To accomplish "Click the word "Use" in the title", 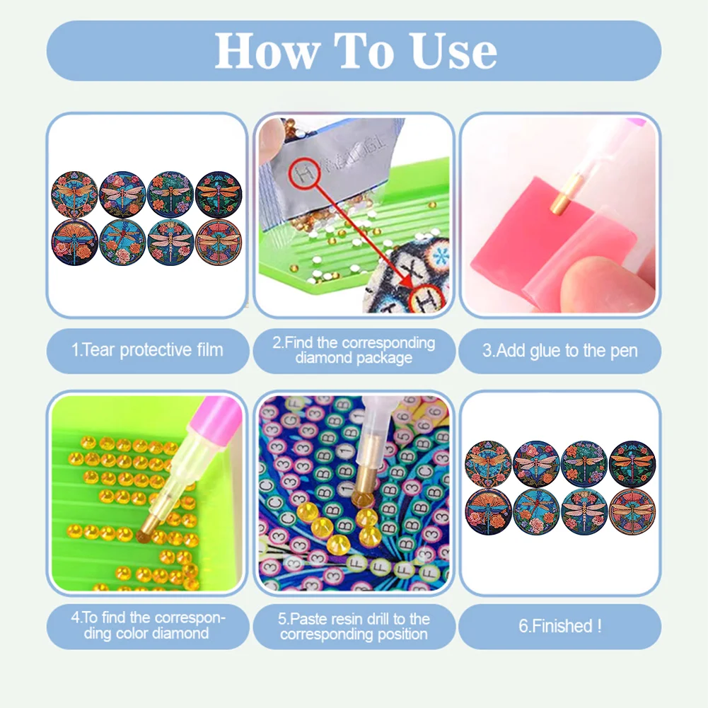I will coord(454,51).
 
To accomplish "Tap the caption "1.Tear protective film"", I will coord(147,350).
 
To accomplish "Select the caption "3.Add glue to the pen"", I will coord(559,351).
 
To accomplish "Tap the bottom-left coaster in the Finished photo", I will coord(489,511).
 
